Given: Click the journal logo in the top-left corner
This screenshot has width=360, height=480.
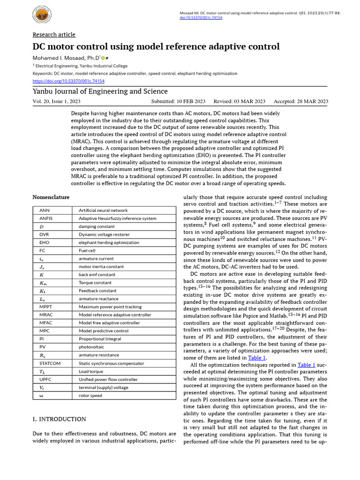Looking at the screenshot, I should [44, 16].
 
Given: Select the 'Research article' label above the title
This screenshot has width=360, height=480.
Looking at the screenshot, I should [54, 35].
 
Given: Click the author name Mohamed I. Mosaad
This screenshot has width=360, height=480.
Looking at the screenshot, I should [65, 58].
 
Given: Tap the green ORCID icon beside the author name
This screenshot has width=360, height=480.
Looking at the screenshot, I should [103, 58].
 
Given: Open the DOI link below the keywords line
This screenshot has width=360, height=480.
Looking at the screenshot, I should [68, 81].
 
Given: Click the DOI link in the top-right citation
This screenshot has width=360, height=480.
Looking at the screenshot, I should [202, 17].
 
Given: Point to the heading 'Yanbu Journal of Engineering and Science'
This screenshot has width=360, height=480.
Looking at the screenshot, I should [100, 91].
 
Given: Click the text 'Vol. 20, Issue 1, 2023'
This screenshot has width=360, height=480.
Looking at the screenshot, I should [56, 101].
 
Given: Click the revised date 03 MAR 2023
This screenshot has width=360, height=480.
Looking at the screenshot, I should [240, 101].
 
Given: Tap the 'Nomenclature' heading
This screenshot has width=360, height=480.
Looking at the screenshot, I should [51, 197].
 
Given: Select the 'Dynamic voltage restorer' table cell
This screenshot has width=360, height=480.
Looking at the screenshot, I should [102, 234].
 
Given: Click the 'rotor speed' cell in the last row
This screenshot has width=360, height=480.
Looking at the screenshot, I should [90, 396].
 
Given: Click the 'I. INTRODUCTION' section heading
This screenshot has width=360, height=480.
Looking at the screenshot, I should [59, 419].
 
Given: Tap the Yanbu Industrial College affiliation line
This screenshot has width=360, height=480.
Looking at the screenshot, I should [80, 66].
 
